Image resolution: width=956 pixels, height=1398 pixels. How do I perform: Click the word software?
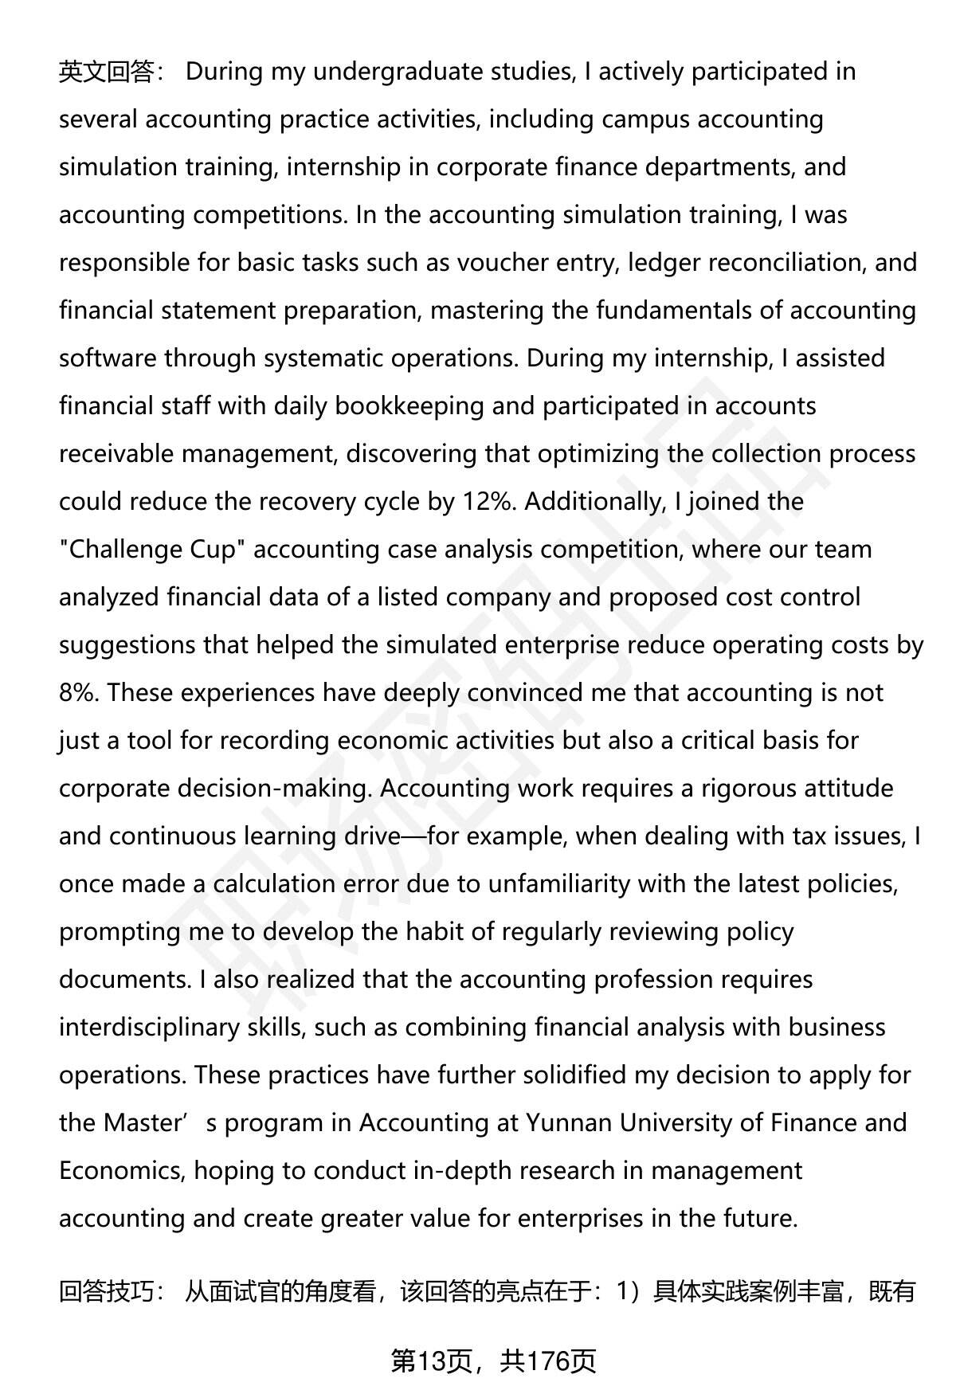pyautogui.click(x=108, y=359)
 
